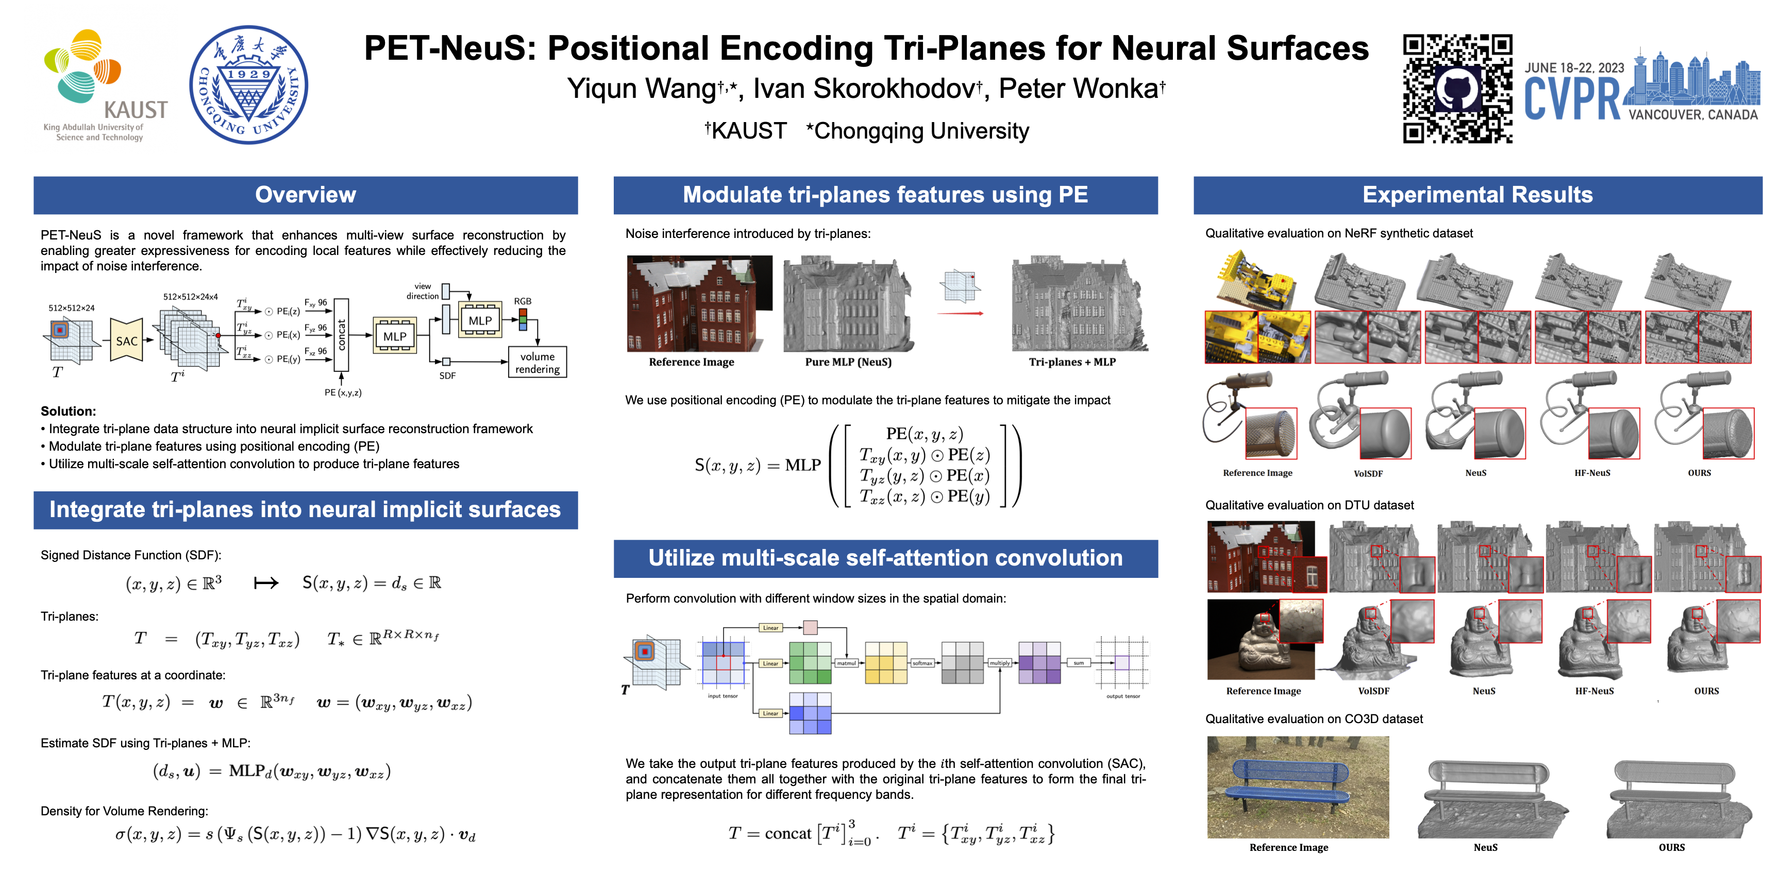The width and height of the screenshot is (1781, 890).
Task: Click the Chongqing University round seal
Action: coord(248,84)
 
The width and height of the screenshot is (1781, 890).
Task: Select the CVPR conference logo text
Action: coord(1571,99)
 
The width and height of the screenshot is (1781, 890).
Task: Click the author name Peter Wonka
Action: coord(1081,89)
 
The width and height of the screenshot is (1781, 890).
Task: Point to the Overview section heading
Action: coord(305,195)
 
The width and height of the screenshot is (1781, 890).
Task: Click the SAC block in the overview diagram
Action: coord(127,340)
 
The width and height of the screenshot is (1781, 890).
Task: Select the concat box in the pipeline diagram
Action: coord(341,335)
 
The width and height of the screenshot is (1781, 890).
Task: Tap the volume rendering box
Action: coord(537,362)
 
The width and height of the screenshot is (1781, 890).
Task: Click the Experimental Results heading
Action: coord(1477,195)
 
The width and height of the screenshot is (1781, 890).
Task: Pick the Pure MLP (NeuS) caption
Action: coord(848,362)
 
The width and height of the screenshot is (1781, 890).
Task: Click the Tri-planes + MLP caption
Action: coord(1072,362)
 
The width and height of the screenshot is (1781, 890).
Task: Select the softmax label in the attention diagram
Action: coord(922,663)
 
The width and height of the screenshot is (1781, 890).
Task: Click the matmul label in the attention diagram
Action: coord(846,663)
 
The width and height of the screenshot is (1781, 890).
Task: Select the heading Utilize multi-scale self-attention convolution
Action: coord(885,558)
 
